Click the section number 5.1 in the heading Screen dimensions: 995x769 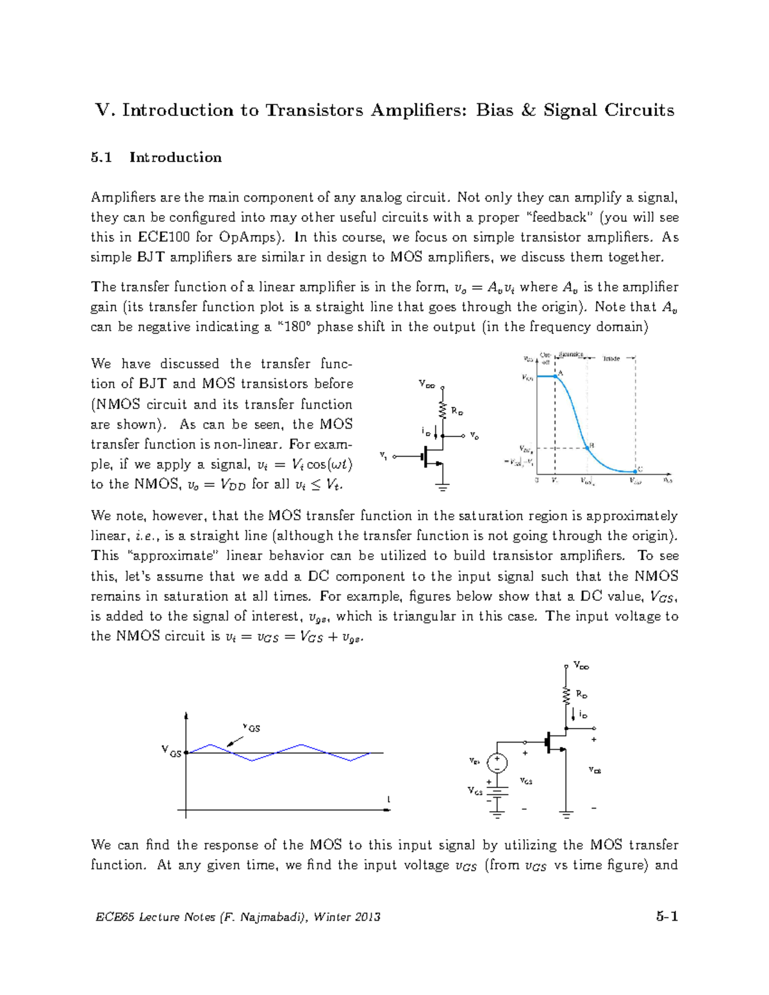[101, 158]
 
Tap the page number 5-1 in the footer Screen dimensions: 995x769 [666, 916]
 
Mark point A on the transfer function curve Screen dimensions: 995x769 [556, 376]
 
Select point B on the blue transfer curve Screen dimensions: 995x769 [587, 447]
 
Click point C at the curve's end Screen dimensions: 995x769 [635, 472]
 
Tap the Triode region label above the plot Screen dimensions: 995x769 [611, 359]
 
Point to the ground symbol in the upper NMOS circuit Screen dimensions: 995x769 [442, 487]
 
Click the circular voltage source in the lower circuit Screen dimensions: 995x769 [497, 763]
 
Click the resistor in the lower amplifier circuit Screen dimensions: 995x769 [566, 695]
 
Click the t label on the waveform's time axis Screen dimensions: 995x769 [388, 800]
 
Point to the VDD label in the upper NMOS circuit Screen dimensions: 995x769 [427, 384]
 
